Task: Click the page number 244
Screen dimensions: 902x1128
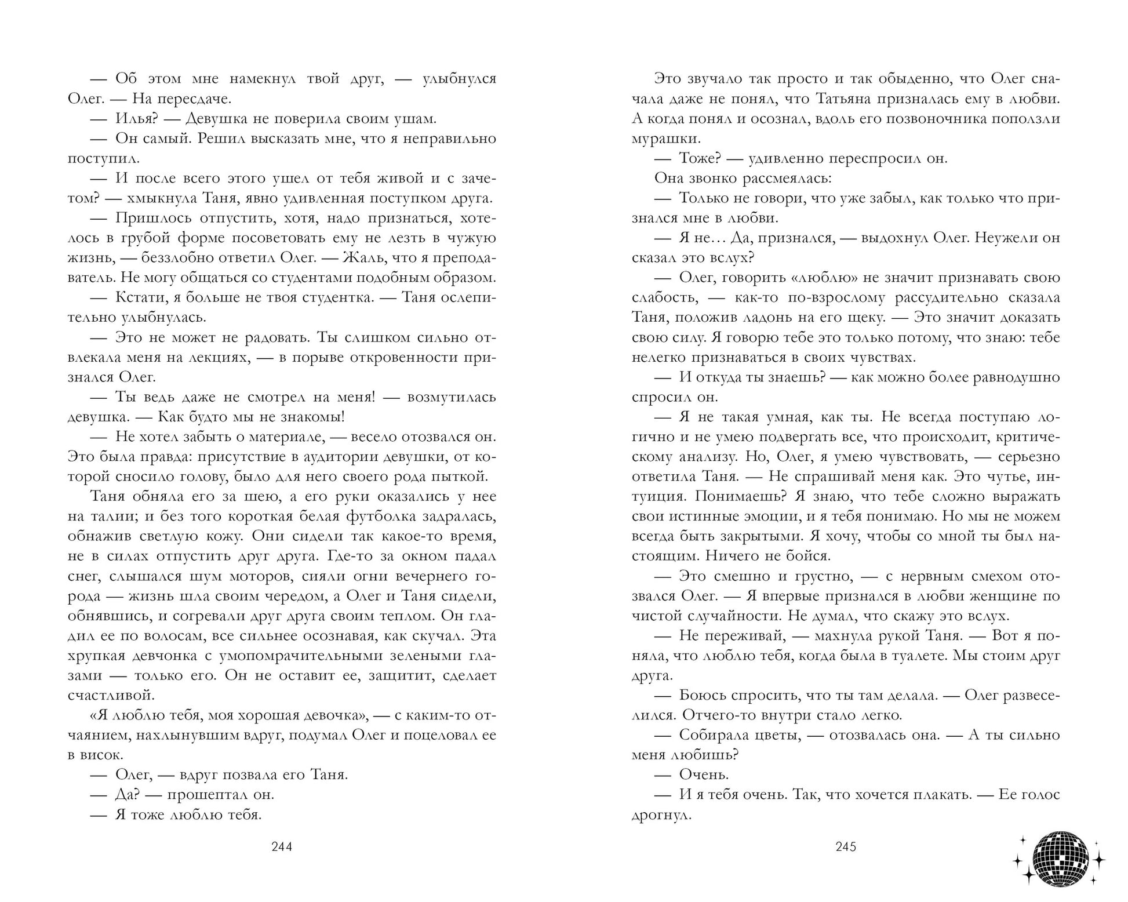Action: pos(282,847)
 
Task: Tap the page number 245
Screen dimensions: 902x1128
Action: pos(846,847)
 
